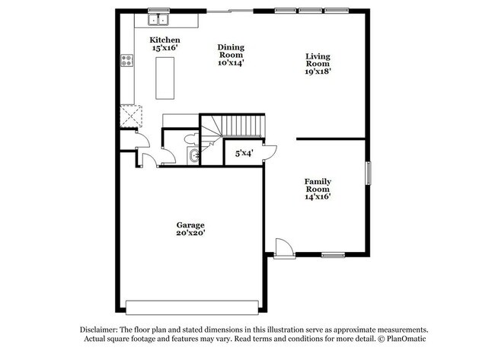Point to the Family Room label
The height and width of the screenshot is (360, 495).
[318, 188]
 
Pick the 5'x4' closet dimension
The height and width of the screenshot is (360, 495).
[243, 153]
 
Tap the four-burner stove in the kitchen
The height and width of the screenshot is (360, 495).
[127, 62]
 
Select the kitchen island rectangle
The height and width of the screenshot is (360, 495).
[166, 78]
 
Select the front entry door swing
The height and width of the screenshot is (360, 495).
[281, 247]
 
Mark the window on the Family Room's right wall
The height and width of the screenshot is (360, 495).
[368, 174]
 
